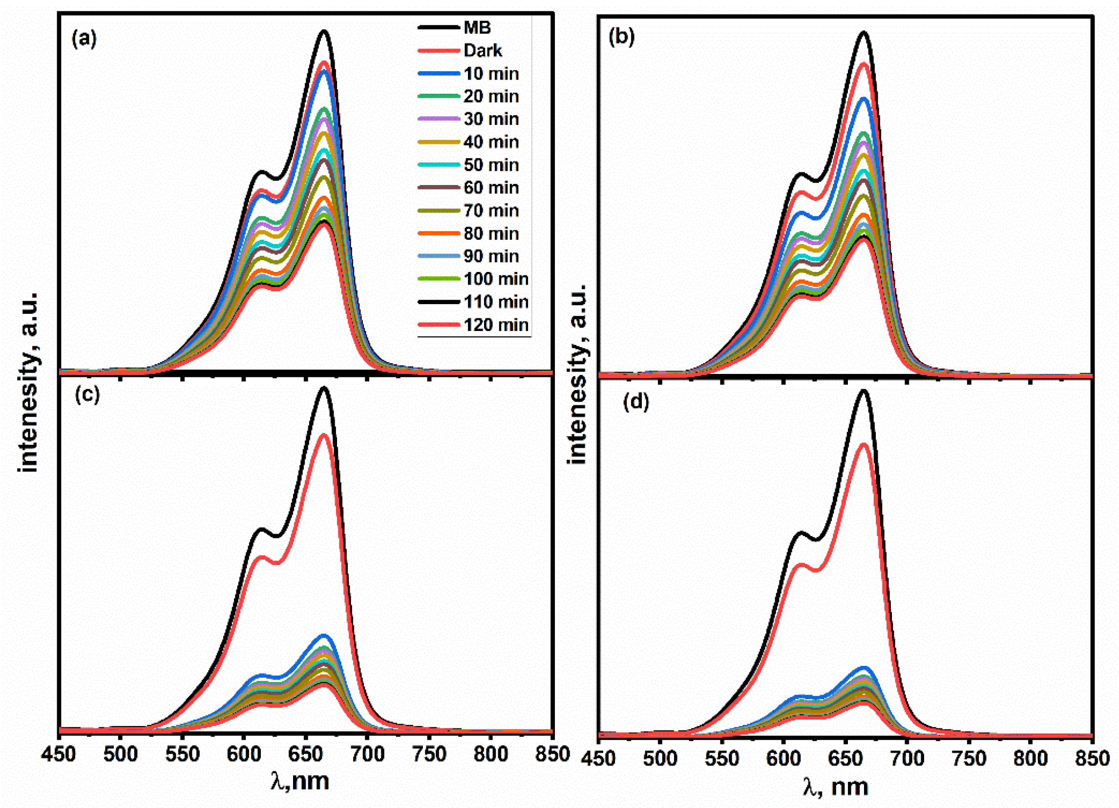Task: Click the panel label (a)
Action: tap(84, 39)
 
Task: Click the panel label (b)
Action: tap(622, 38)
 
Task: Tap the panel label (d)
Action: tap(636, 402)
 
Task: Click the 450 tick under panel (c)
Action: tap(59, 754)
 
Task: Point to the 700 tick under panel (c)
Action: tap(368, 754)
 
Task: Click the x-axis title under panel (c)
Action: tap(300, 781)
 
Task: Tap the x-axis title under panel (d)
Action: tap(835, 786)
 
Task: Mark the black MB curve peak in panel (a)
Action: tap(324, 31)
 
